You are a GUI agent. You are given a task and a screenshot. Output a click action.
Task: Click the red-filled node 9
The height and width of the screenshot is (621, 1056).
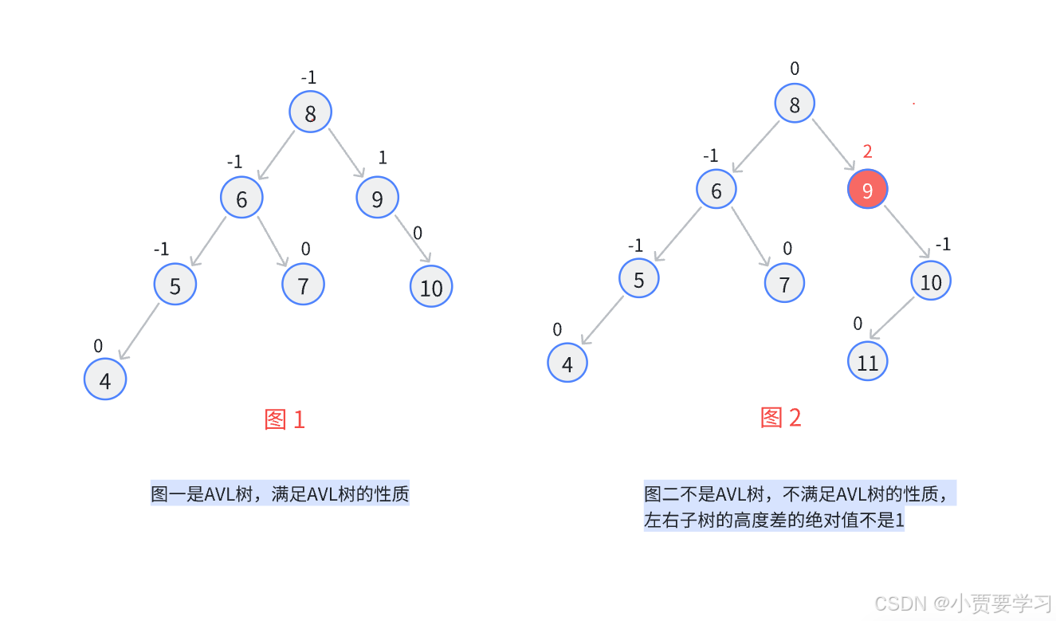point(867,190)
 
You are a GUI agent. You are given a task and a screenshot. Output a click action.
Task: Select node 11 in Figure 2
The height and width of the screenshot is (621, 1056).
point(868,362)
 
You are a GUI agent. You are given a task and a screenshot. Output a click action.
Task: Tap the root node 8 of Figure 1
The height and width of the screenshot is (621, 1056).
point(310,112)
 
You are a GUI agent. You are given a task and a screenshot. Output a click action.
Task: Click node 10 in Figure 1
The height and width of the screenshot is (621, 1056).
point(431,286)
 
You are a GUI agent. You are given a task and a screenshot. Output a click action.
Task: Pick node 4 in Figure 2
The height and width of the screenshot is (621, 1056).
point(567,364)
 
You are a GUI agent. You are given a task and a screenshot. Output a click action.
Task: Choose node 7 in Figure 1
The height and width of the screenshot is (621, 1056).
point(303,284)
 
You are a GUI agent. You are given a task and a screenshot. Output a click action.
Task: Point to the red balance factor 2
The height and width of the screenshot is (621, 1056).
point(868,151)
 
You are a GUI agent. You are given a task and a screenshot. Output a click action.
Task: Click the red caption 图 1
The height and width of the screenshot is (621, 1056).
point(285,419)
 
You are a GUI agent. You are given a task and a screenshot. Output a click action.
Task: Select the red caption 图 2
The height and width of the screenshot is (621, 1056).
point(781,417)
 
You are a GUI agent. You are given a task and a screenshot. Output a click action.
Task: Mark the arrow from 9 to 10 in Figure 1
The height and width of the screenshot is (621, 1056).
point(413,238)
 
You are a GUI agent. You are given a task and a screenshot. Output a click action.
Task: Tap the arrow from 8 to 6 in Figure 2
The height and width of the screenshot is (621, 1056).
point(755,147)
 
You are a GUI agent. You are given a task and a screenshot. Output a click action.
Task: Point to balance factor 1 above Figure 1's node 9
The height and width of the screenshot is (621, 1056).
point(383,158)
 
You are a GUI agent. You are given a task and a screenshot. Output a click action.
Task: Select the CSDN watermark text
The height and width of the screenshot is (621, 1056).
point(963,603)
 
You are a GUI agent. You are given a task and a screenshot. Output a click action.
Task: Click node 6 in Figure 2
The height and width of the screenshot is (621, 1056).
point(716,190)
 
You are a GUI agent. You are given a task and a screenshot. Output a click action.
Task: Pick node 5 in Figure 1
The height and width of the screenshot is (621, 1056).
point(175,285)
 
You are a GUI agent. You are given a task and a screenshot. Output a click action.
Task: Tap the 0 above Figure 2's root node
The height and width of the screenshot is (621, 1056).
point(795,69)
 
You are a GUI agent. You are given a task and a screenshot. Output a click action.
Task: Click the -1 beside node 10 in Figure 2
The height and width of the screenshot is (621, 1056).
point(943,245)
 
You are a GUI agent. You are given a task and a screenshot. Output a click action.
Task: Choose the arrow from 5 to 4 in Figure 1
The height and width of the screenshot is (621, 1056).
point(139,332)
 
